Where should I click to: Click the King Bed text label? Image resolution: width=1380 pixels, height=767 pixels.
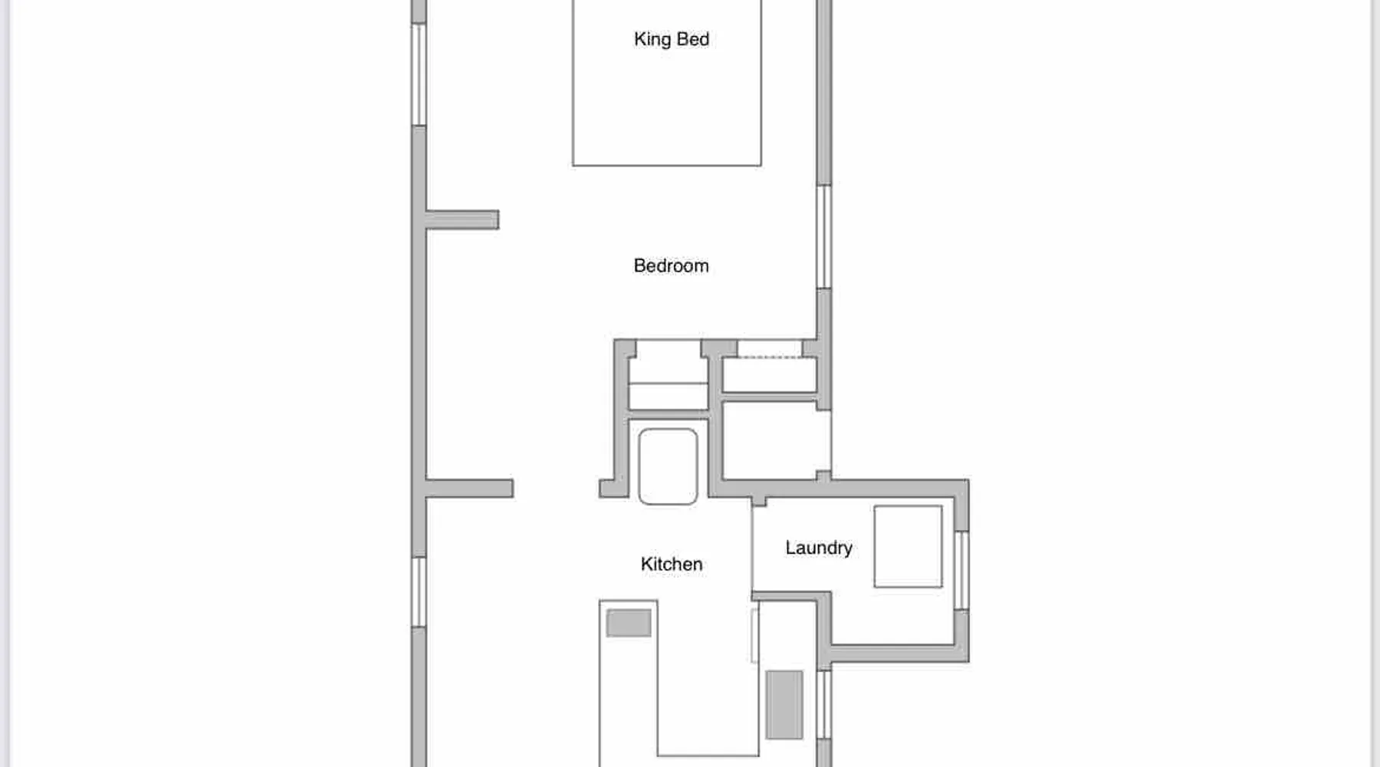(672, 39)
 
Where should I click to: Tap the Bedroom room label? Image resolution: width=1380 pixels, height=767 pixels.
(672, 265)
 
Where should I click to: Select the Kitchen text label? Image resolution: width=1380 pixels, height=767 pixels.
(672, 564)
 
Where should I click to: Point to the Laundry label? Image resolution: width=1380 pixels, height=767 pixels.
(819, 548)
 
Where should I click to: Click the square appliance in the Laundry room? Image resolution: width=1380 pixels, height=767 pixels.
(909, 546)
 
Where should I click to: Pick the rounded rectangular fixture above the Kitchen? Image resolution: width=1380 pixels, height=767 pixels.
(668, 466)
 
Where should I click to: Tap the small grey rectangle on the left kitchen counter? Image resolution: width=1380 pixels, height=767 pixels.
(629, 623)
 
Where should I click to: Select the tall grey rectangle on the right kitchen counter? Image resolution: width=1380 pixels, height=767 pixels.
(784, 705)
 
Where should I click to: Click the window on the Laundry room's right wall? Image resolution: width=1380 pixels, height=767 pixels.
(961, 570)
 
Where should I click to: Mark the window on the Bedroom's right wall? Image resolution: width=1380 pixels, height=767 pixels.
(824, 236)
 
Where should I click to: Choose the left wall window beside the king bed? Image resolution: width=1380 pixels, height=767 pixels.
(419, 74)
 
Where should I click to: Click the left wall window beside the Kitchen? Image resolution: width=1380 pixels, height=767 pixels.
(419, 592)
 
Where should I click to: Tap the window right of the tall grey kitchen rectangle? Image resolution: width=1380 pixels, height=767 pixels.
(824, 704)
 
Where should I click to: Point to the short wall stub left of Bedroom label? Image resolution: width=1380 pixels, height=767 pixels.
(462, 220)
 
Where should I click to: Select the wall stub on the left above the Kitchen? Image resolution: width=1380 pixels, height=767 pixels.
(469, 489)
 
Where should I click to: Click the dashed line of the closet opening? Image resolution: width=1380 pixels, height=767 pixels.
(770, 357)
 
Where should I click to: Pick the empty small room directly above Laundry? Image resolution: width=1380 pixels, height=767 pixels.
(776, 440)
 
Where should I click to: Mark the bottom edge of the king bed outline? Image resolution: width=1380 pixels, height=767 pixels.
(667, 165)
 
